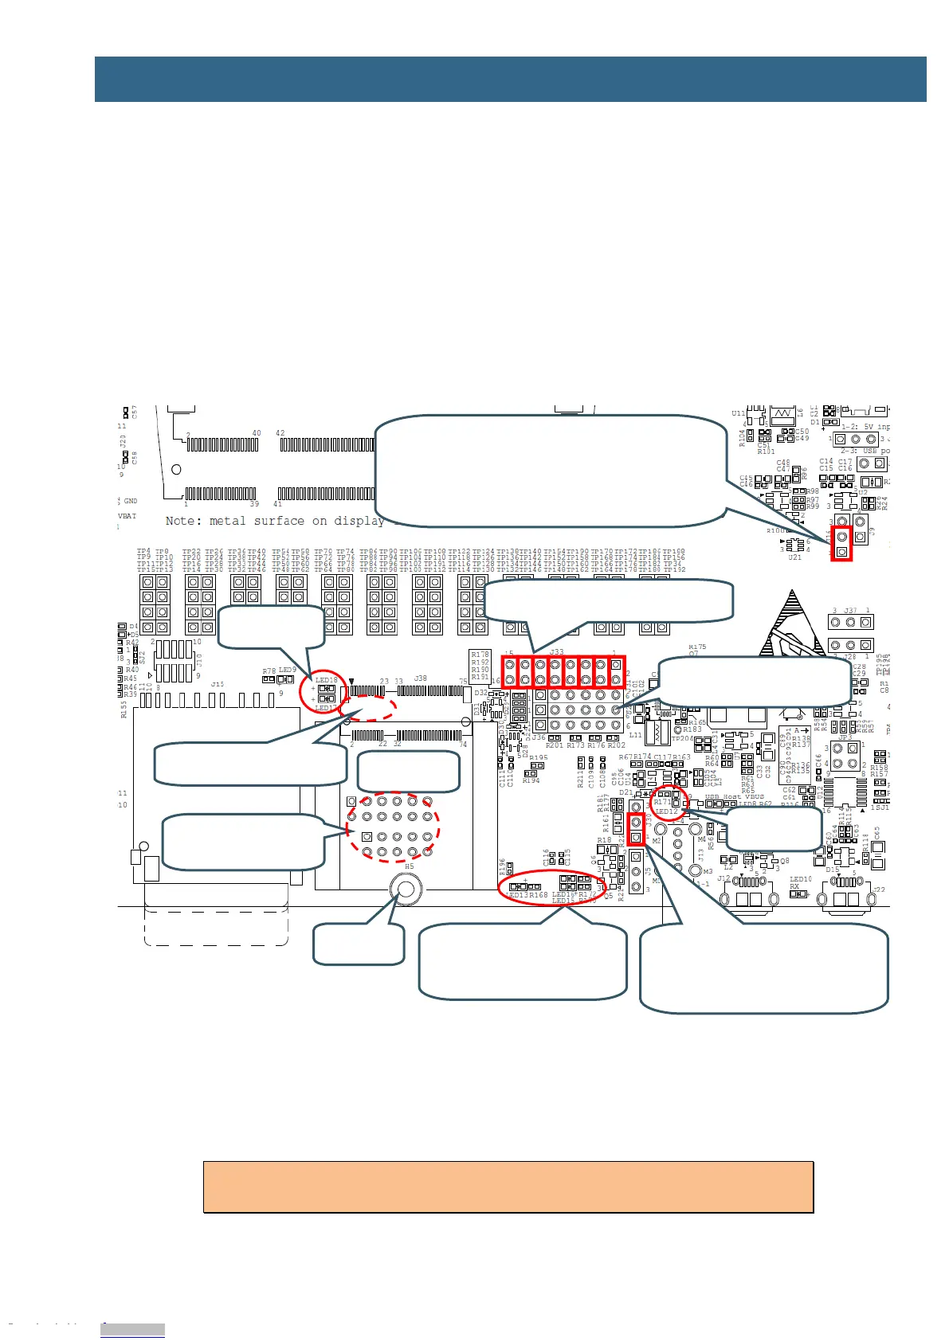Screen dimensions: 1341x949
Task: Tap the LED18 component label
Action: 326,680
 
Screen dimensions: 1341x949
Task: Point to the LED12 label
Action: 666,811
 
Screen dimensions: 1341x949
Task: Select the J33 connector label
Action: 556,652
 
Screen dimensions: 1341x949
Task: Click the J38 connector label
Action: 420,679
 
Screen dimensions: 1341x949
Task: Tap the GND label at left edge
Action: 131,501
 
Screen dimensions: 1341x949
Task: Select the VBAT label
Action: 127,516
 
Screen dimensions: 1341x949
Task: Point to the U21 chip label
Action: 794,557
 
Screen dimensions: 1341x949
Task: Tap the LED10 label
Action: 800,880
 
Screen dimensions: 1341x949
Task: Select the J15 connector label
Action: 217,684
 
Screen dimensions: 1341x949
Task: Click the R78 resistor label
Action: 269,672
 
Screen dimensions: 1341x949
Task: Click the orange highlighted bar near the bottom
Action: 508,1187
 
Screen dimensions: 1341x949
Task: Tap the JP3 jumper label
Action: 845,738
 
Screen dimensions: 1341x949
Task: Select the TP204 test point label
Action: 682,739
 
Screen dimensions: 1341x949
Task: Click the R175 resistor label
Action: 697,647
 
